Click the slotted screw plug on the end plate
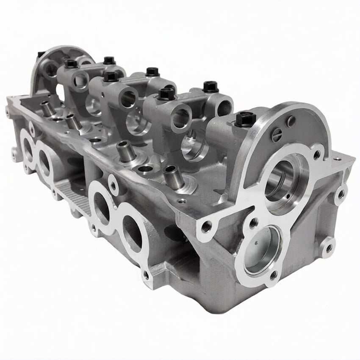point(276,135)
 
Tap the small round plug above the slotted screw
point(291,121)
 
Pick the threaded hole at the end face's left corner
point(206,227)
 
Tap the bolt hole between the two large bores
point(254,222)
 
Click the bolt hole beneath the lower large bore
point(273,275)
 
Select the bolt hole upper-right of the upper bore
point(316,154)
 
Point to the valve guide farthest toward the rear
point(47,108)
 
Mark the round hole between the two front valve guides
point(145,169)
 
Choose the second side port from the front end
point(101,208)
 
